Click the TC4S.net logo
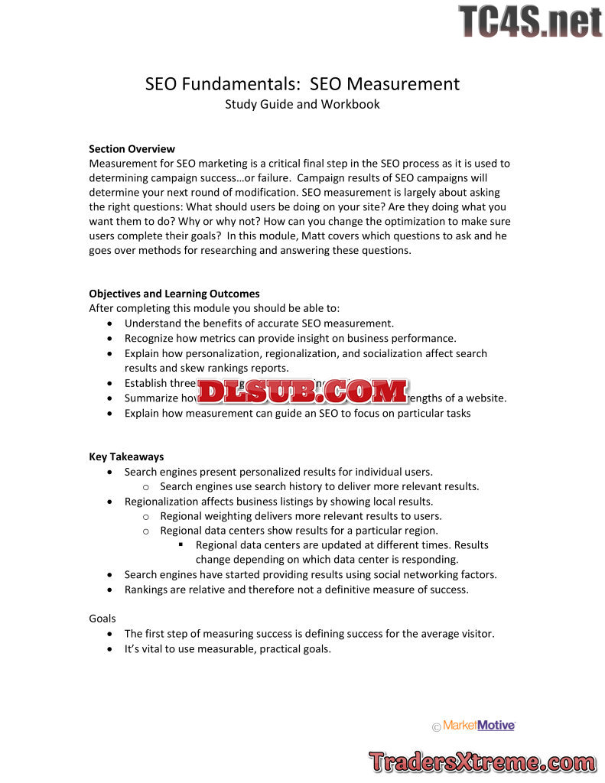point(530,21)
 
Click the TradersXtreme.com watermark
point(482,762)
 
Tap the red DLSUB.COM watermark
point(303,391)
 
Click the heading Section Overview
point(132,148)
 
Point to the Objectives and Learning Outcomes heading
point(174,294)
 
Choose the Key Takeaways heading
point(126,456)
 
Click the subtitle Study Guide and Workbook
point(302,104)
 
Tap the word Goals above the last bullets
point(102,618)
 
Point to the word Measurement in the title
point(411,83)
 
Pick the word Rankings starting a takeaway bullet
point(148,590)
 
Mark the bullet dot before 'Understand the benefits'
point(112,323)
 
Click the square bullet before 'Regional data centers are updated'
point(181,545)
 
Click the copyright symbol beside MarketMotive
point(437,727)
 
